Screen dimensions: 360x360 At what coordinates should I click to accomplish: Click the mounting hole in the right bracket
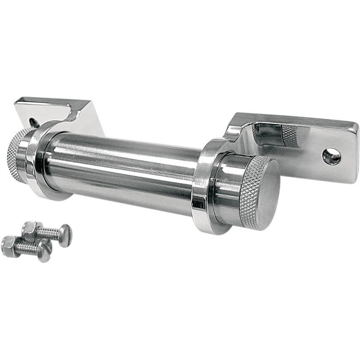[332, 156]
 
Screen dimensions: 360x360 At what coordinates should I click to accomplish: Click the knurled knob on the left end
[16, 153]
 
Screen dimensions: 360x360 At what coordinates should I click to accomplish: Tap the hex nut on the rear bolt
[31, 230]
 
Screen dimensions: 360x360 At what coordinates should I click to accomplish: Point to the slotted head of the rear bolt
[65, 235]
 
